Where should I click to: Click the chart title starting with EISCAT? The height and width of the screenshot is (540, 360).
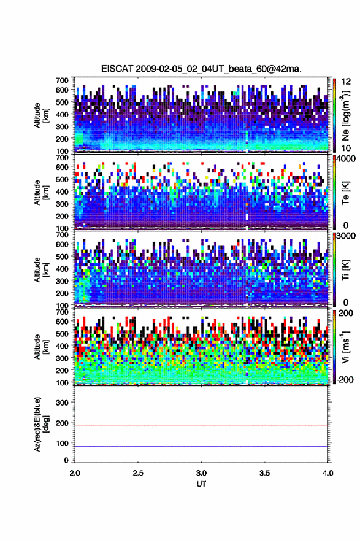[x=201, y=69]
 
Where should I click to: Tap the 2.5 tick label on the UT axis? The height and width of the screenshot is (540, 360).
[x=138, y=473]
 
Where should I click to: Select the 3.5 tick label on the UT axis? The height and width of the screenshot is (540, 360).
[x=265, y=473]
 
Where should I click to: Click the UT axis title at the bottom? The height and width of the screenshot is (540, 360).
[x=201, y=484]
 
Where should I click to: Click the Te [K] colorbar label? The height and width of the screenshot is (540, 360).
[x=345, y=193]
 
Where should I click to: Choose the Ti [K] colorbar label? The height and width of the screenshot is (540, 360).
[x=345, y=269]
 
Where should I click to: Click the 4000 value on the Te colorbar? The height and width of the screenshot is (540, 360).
[x=348, y=160]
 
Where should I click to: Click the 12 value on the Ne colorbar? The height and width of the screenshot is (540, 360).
[x=347, y=82]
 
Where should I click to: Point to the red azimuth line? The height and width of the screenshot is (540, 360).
[x=201, y=426]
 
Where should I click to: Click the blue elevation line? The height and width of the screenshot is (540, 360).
[x=201, y=446]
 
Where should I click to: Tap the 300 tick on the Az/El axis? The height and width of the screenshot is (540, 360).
[x=63, y=403]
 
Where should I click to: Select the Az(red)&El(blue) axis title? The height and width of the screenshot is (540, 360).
[x=41, y=424]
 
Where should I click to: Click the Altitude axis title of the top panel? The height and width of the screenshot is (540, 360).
[x=41, y=115]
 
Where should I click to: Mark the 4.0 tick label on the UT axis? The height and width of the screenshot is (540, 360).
[x=327, y=473]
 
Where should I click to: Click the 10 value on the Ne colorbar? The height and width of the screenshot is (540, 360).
[x=347, y=148]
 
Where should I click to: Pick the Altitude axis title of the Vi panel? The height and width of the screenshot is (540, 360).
[x=41, y=347]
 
